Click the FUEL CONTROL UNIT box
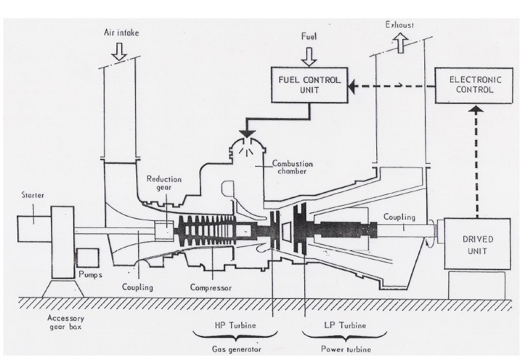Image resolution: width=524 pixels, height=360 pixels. click(x=309, y=85)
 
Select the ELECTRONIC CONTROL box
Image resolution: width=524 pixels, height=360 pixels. click(x=474, y=85)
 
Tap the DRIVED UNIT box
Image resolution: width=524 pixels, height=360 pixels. click(x=477, y=244)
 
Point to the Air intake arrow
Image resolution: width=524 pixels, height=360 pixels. click(x=119, y=52)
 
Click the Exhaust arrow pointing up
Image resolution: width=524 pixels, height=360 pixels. click(x=400, y=43)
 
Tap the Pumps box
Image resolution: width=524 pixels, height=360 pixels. click(x=87, y=257)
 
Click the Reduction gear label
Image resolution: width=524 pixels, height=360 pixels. click(x=164, y=183)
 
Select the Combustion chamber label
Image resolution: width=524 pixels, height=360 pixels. click(x=292, y=167)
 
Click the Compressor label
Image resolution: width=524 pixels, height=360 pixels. click(x=211, y=287)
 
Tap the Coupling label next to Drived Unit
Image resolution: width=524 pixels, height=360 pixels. click(x=398, y=218)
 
